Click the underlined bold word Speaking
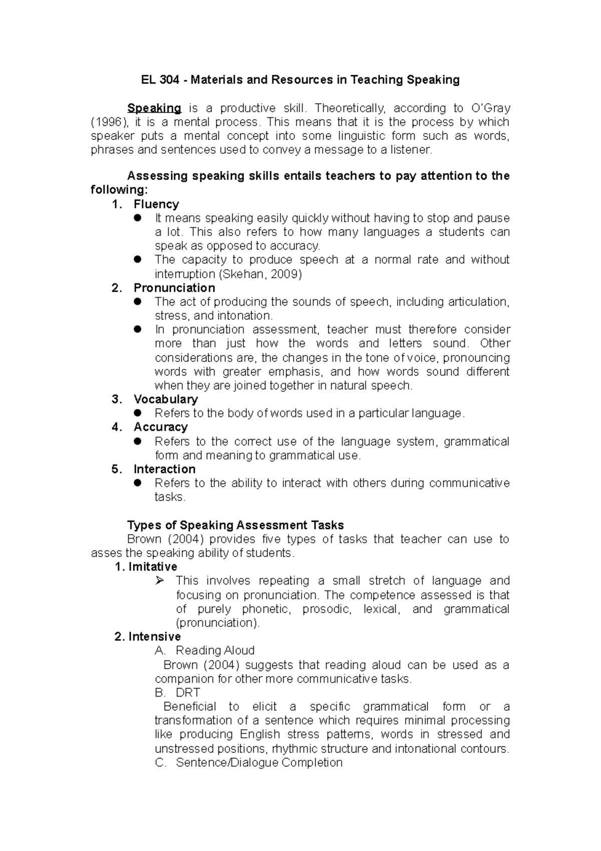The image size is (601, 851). point(154,108)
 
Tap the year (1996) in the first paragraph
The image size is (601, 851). point(109,122)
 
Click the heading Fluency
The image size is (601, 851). point(156,204)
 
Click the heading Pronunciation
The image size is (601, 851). point(174,288)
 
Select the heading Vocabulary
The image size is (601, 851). point(165,399)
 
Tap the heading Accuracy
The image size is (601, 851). point(160,427)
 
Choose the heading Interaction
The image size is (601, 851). point(164,469)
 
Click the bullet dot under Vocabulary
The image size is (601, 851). point(139,413)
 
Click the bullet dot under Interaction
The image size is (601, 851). point(139,483)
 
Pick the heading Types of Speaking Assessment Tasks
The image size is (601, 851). point(235,525)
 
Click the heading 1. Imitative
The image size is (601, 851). point(146,567)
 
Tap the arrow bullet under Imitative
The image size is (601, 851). point(160,581)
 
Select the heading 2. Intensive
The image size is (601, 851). point(147,636)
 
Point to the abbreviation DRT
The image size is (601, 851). point(188,693)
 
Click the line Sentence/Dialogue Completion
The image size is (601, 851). point(259,763)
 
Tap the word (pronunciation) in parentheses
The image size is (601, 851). point(218,623)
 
